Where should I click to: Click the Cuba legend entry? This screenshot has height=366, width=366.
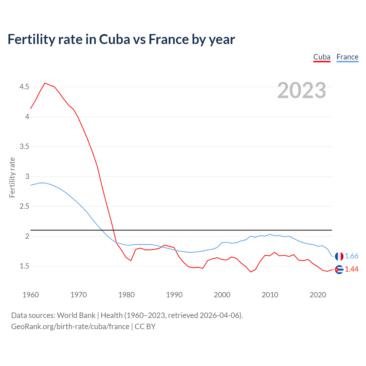click(x=322, y=57)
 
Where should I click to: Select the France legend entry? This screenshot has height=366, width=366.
click(x=347, y=57)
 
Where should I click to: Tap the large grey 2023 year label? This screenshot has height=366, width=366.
click(x=301, y=90)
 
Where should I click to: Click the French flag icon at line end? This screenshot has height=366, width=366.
click(x=339, y=256)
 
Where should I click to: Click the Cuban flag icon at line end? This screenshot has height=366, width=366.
click(x=339, y=269)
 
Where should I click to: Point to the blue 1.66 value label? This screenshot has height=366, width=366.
click(x=351, y=256)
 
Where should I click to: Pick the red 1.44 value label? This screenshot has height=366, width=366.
click(x=351, y=269)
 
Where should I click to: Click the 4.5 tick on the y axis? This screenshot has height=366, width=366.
click(x=24, y=87)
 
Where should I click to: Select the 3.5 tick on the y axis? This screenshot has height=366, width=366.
click(x=24, y=147)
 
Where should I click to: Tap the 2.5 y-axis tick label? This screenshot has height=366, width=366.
click(x=24, y=206)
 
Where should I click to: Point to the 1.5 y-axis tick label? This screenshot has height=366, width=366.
click(x=24, y=266)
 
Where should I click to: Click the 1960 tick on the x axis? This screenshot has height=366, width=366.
click(x=31, y=295)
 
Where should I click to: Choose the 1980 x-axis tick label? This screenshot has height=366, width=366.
click(x=126, y=295)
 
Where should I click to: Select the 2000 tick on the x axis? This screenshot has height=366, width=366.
click(x=222, y=295)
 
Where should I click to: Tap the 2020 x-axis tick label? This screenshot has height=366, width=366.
click(x=318, y=295)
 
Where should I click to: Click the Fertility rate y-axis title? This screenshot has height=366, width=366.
click(x=12, y=177)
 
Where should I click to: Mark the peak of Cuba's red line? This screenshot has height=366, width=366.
click(x=45, y=83)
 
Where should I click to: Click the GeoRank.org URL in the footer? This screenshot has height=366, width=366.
click(x=70, y=327)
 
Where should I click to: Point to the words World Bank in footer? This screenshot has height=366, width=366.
click(x=76, y=315)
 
